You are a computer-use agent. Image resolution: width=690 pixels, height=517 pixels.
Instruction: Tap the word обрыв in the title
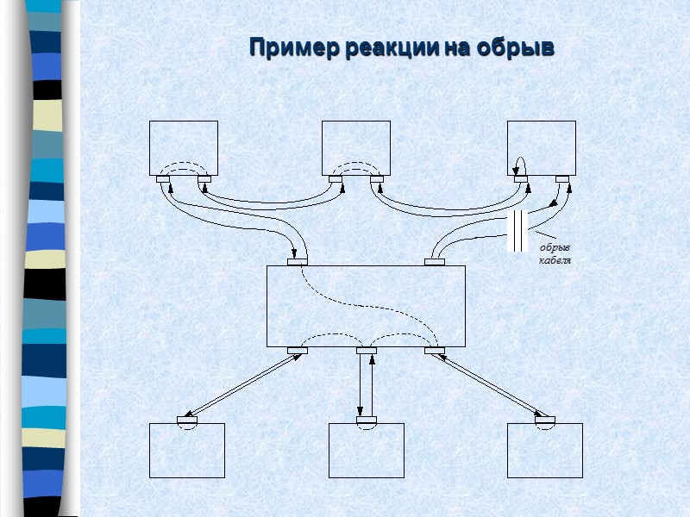tap(517, 47)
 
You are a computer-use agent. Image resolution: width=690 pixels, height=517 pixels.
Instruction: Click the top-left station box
tap(184, 147)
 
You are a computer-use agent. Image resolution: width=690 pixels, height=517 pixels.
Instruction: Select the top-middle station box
tap(356, 147)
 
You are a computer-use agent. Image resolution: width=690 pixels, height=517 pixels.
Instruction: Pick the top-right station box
tap(542, 147)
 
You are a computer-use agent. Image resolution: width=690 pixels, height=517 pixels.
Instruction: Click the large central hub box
tap(366, 306)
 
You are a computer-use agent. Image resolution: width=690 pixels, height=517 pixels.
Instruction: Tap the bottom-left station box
tap(187, 451)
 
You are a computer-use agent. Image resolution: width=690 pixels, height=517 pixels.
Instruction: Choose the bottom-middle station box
tap(367, 451)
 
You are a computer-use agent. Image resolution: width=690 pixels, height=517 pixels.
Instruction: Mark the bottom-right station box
tap(545, 451)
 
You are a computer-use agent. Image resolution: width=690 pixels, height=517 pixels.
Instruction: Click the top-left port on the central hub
tap(297, 262)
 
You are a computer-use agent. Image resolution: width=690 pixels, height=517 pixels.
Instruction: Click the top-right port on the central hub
tap(435, 262)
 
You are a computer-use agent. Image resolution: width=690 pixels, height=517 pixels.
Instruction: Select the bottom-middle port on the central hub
tap(367, 351)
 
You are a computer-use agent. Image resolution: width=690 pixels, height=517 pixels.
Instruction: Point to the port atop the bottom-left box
tap(187, 420)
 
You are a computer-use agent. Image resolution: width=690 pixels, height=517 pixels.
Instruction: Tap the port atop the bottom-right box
tap(544, 420)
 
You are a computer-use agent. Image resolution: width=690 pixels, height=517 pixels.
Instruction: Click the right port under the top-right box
tap(562, 178)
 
